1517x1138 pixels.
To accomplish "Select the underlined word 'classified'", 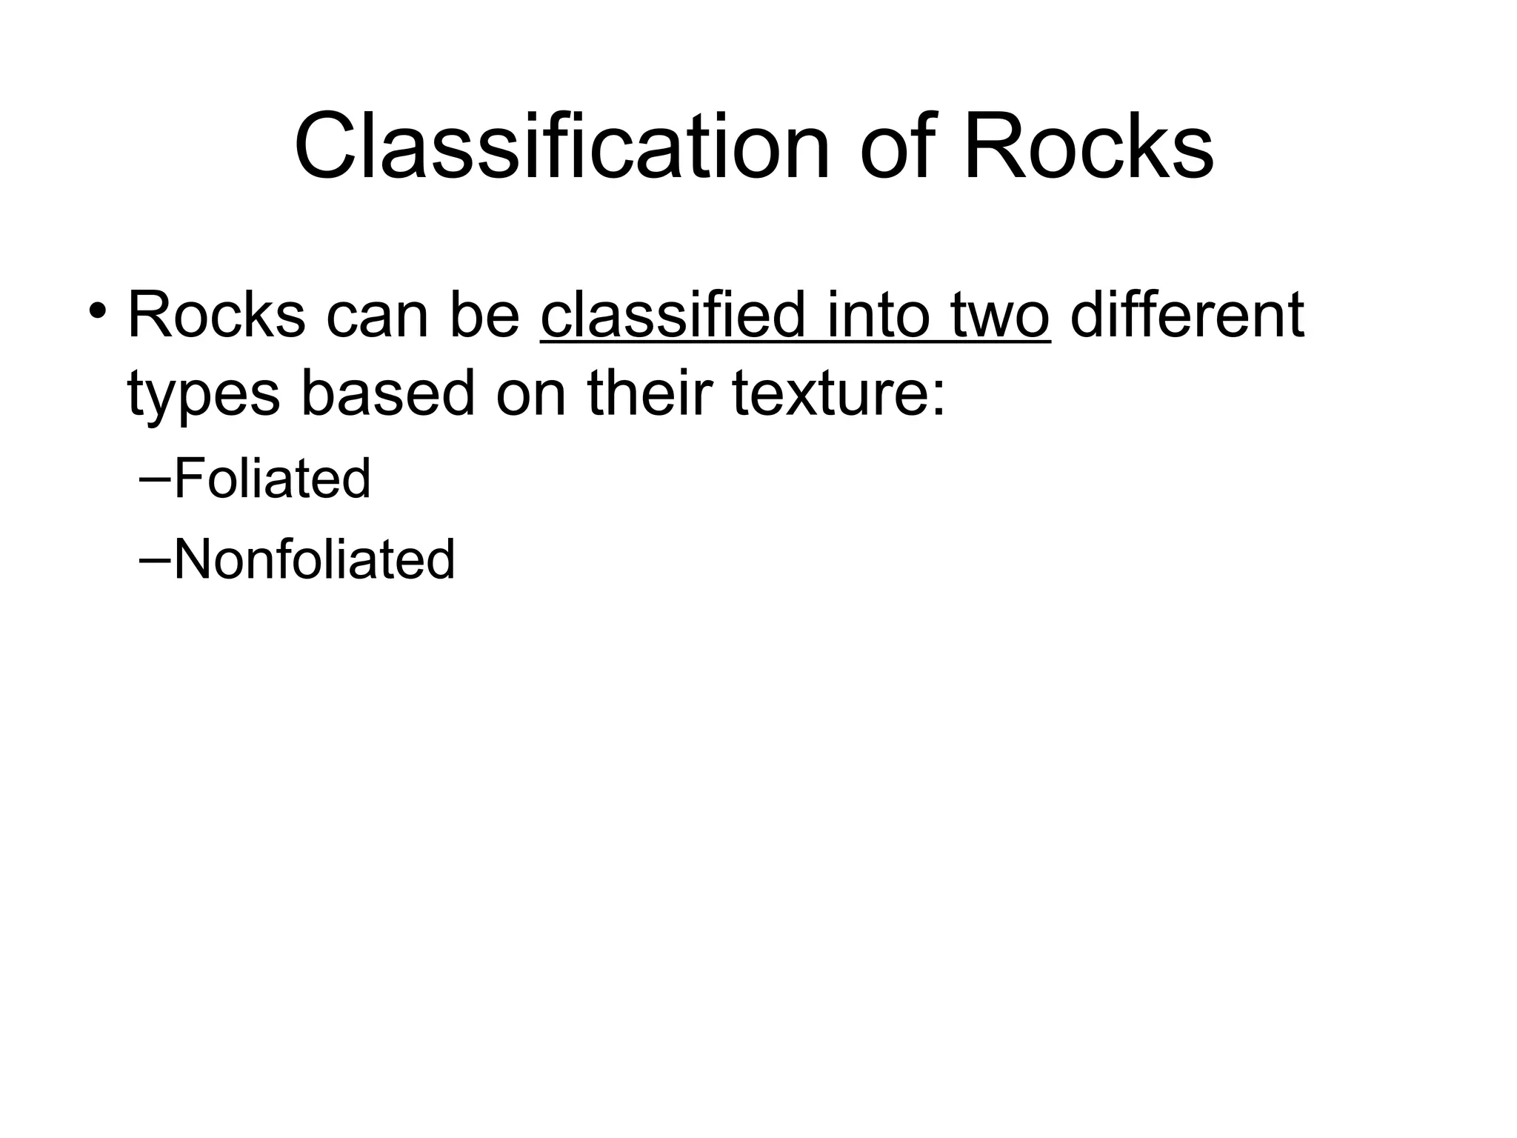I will [x=672, y=316].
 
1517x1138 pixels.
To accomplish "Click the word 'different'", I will [x=1187, y=316].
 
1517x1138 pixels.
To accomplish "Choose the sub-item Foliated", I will [x=272, y=479].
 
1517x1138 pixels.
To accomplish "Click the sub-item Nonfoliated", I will [x=314, y=559].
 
